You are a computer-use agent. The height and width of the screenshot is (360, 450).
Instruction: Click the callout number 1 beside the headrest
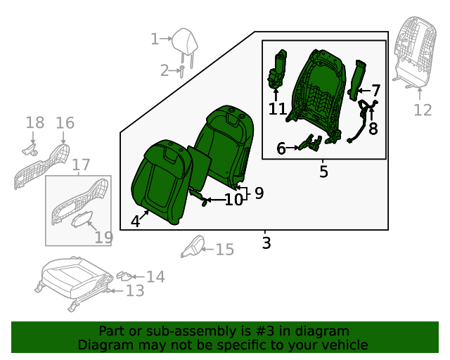[x=155, y=39]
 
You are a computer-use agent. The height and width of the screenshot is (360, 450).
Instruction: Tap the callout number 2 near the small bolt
[x=165, y=70]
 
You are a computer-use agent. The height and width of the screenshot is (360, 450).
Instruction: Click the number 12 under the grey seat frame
[x=422, y=110]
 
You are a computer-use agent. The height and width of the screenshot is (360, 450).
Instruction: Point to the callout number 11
[x=277, y=109]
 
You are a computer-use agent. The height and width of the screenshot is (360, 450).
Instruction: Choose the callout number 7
[x=375, y=91]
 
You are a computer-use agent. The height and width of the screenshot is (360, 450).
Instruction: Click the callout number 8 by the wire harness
[x=373, y=128]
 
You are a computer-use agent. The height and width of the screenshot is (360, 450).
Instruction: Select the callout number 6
[x=281, y=148]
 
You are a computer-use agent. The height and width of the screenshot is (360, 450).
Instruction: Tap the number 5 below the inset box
[x=323, y=171]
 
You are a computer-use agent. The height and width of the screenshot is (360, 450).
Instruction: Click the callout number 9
[x=259, y=193]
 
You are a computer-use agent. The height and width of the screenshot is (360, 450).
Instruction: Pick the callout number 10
[x=233, y=200]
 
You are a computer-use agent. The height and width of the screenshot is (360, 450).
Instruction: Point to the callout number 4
[x=135, y=221]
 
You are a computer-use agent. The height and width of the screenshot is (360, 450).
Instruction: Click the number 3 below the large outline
[x=266, y=243]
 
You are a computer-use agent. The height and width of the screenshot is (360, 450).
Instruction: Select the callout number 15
[x=224, y=250]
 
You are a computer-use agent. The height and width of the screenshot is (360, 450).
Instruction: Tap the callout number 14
[x=155, y=276]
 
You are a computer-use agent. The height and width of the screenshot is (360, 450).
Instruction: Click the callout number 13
[x=135, y=291]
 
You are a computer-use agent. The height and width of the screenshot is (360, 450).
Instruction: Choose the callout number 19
[x=103, y=237]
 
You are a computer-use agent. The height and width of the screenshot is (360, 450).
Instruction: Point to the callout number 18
[x=34, y=123]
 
